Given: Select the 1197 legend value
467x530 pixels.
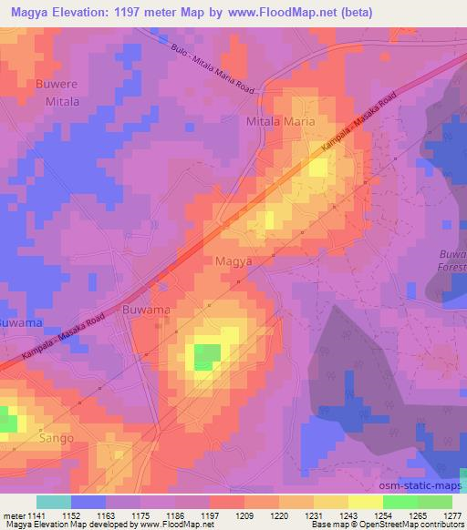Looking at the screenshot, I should point(209,515).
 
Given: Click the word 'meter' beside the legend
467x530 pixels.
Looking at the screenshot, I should point(13,515).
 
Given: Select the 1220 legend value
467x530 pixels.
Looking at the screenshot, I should point(279,515).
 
